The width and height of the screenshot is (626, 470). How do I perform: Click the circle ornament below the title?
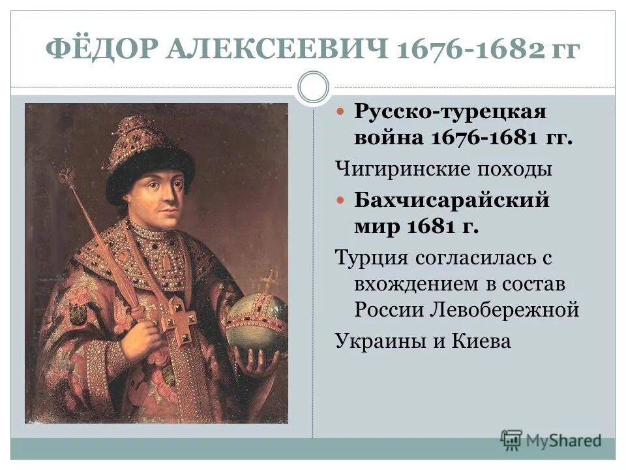coord(313,87)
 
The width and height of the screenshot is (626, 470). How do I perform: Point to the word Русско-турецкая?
coord(451,112)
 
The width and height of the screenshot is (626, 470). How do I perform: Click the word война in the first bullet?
coord(389,138)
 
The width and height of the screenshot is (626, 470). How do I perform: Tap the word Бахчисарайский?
coord(452,200)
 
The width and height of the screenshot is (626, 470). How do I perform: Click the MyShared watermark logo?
coord(551,440)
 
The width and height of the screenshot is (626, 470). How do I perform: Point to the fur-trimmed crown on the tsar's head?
coord(149,154)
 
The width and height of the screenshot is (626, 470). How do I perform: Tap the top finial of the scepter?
coord(66,176)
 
